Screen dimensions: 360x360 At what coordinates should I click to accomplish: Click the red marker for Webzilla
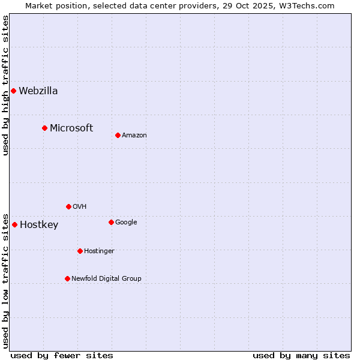13,91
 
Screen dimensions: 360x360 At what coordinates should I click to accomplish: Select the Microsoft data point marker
44,128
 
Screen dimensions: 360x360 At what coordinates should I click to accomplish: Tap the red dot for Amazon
118,135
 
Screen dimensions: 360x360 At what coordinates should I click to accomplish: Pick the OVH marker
68,206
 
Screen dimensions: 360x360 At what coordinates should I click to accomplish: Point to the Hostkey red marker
14,225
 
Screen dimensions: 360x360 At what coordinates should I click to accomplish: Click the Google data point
111,222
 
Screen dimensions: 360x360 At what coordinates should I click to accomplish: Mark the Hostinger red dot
80,251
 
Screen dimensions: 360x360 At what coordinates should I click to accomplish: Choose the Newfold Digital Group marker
67,278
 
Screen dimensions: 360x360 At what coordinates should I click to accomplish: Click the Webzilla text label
38,91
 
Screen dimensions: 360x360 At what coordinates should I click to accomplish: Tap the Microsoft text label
71,128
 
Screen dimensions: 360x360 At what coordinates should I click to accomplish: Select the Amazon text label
134,136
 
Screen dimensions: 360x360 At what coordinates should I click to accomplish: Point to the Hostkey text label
39,225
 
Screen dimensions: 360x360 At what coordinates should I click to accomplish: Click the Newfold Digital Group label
106,278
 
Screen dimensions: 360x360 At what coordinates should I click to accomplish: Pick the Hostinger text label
99,251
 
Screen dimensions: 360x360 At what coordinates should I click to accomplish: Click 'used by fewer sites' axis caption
62,356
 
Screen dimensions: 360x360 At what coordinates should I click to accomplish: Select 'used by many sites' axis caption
301,356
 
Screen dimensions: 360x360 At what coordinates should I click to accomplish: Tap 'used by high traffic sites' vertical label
5,85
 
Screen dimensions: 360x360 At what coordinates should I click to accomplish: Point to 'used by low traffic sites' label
5,280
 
